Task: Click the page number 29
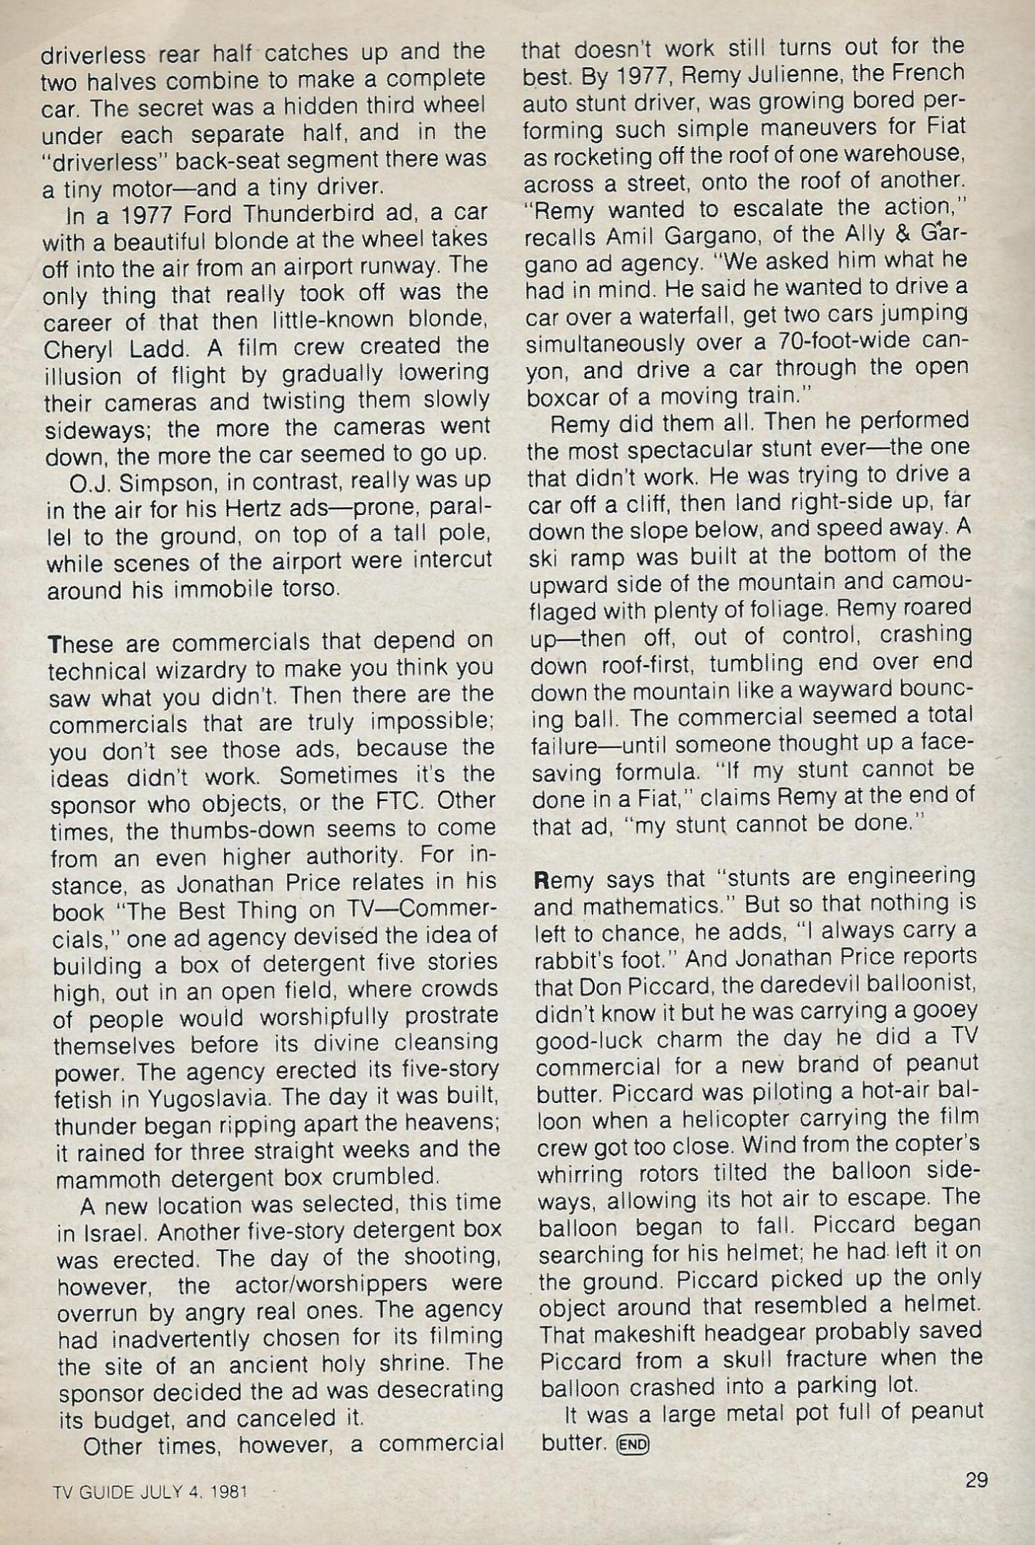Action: [976, 1478]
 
